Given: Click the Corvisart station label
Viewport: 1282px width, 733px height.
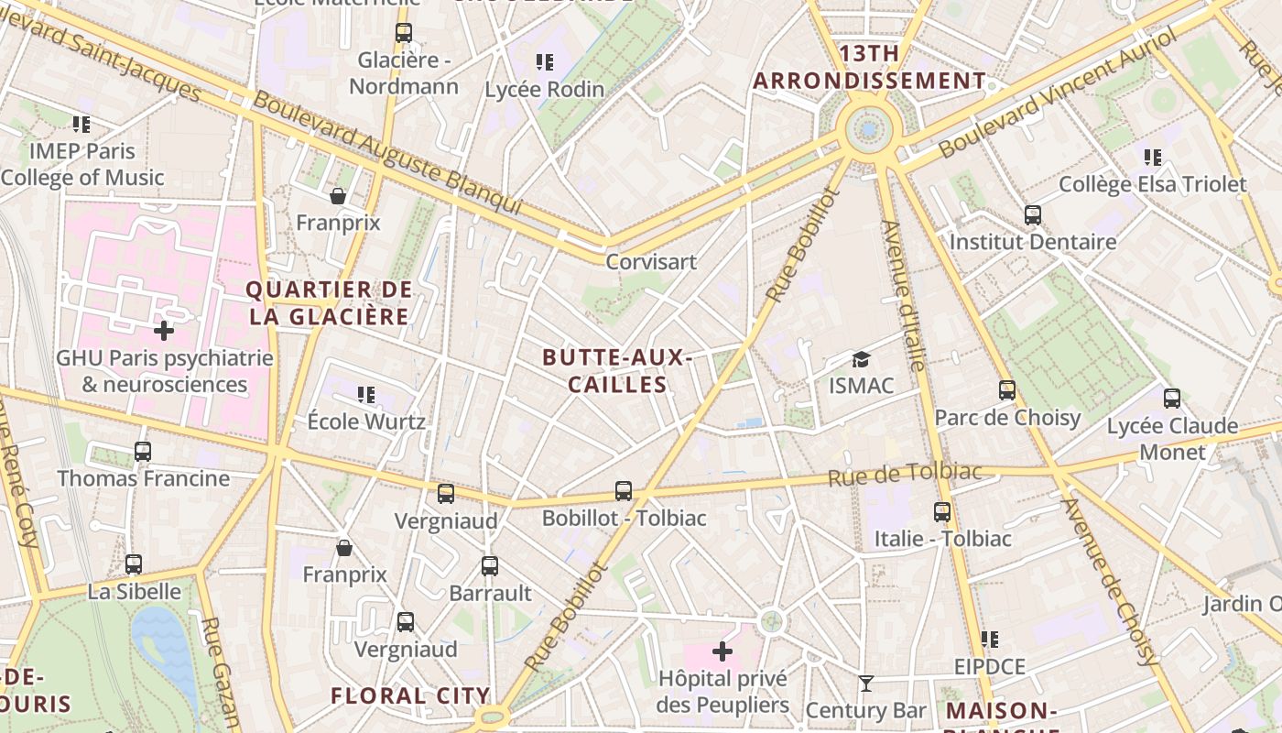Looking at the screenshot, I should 651,262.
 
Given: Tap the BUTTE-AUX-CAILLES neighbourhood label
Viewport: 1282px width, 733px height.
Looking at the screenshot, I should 616,370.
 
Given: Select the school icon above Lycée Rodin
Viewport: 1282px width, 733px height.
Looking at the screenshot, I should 545,62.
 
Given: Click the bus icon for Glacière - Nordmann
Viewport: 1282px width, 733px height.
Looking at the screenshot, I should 404,33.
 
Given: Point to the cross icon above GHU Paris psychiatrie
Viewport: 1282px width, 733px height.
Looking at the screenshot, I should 164,330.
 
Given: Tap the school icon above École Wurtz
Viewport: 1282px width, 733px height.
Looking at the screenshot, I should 366,395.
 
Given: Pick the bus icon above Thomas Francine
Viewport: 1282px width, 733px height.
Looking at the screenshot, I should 143,451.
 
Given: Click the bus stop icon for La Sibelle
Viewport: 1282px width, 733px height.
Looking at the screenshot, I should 134,564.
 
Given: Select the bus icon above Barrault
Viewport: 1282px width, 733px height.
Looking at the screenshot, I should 490,565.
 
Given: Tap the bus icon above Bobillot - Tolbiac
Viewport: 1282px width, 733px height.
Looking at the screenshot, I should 624,491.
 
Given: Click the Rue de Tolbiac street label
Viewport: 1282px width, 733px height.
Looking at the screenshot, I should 904,474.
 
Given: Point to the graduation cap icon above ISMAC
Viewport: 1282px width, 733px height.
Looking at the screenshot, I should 861,359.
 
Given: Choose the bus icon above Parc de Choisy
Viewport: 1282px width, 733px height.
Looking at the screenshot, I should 1007,390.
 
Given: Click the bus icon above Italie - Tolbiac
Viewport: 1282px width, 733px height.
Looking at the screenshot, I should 942,511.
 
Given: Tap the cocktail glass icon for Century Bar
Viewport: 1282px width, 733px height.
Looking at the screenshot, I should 865,684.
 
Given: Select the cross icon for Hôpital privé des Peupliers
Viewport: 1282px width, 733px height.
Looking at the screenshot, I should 722,651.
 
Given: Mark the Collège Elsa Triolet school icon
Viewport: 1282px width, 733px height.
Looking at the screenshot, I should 1153,158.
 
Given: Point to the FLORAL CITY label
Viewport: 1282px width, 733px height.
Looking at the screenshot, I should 410,695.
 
